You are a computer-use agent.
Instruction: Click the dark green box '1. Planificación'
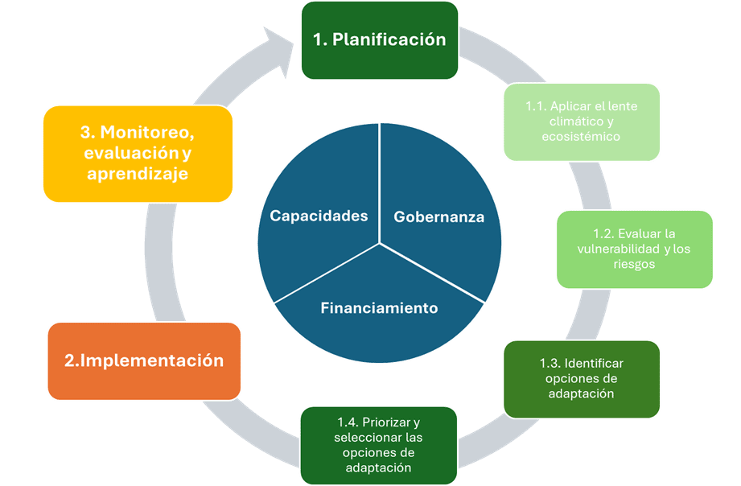click(x=380, y=40)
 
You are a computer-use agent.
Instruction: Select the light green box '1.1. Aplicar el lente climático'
click(x=581, y=122)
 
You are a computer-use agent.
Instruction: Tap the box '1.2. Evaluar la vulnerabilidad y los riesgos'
click(x=634, y=249)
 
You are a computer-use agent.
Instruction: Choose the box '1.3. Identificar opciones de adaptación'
click(x=581, y=379)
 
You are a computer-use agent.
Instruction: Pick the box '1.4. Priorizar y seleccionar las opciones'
click(x=378, y=445)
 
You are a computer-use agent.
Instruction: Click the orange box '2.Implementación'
click(x=144, y=361)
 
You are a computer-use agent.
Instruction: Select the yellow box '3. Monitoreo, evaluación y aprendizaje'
click(x=138, y=154)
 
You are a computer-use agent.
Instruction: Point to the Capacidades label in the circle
click(x=319, y=216)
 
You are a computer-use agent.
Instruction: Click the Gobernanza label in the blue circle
click(x=439, y=216)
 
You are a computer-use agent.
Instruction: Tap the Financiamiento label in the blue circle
click(x=379, y=307)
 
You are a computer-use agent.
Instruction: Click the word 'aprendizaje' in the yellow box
click(x=138, y=174)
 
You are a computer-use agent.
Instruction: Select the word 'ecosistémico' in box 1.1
click(x=581, y=137)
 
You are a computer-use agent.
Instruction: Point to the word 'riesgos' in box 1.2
click(x=634, y=264)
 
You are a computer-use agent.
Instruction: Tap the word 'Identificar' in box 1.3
click(x=594, y=363)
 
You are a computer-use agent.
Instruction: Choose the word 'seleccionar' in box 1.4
click(x=362, y=437)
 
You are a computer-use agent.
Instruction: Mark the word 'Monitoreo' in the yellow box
click(x=147, y=133)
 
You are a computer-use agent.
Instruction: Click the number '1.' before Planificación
click(x=320, y=39)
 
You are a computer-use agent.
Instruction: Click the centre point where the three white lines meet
click(x=380, y=244)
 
